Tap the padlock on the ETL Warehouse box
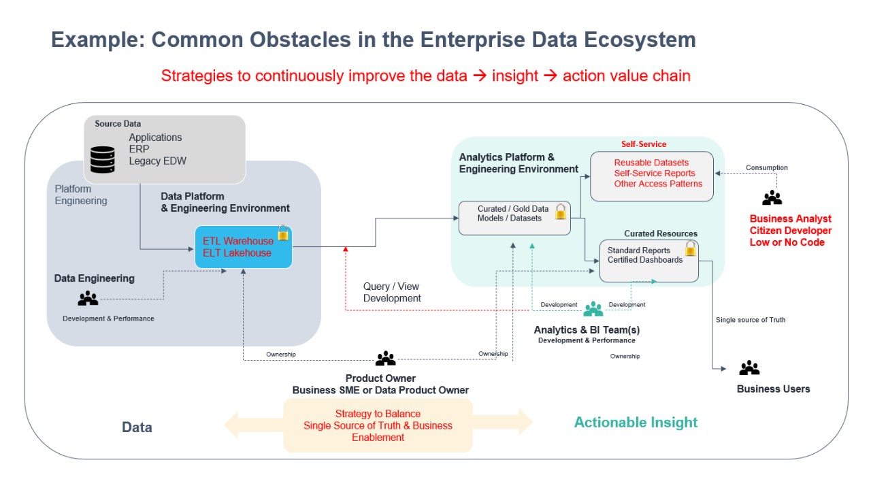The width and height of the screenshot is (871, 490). click(283, 233)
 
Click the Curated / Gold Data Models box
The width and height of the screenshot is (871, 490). click(514, 218)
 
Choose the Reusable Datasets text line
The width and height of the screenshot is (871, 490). click(651, 163)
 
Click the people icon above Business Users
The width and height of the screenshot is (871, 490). click(749, 368)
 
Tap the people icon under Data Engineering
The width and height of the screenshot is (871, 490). click(88, 298)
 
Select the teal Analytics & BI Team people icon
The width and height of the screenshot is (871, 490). click(593, 309)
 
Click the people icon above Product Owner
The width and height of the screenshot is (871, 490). click(385, 358)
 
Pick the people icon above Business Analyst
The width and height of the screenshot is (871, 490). click(772, 198)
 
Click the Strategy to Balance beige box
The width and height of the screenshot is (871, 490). click(378, 425)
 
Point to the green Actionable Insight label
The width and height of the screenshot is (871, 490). click(636, 423)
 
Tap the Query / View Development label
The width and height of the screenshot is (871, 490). click(392, 293)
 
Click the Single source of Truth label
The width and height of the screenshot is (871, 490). click(751, 320)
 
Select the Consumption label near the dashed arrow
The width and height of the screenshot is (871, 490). click(766, 167)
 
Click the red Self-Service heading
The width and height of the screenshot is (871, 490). click(644, 144)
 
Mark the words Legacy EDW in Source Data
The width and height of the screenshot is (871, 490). click(157, 161)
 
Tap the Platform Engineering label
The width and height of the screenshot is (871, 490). click(81, 195)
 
